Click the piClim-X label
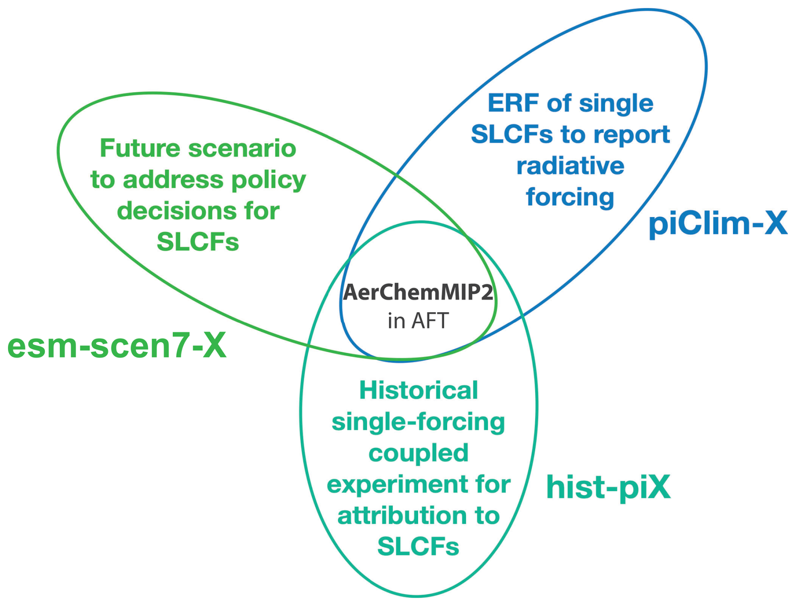tap(718, 223)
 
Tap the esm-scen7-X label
tap(117, 346)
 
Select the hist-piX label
tap(608, 487)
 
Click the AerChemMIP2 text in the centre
tap(418, 292)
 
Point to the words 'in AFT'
tap(418, 321)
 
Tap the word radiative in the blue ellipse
tap(570, 166)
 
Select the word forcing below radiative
tap(570, 197)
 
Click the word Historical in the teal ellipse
tap(419, 390)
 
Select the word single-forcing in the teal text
tap(419, 422)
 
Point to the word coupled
tap(419, 453)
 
